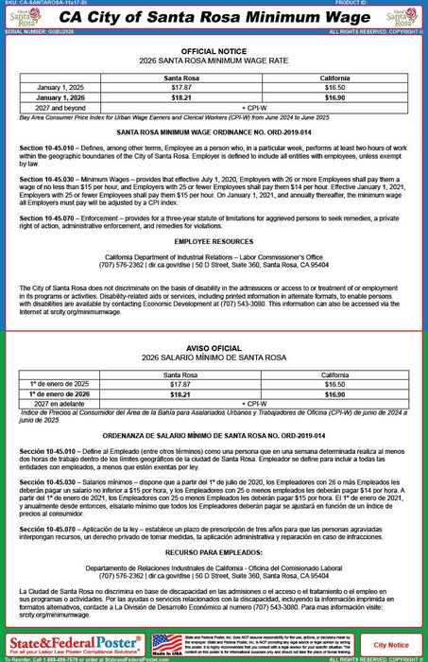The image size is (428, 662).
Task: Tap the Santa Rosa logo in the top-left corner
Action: pyautogui.click(x=24, y=19)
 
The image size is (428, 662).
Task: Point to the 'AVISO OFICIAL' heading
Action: pyautogui.click(x=213, y=347)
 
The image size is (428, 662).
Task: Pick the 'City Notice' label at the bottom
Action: pyautogui.click(x=391, y=644)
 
